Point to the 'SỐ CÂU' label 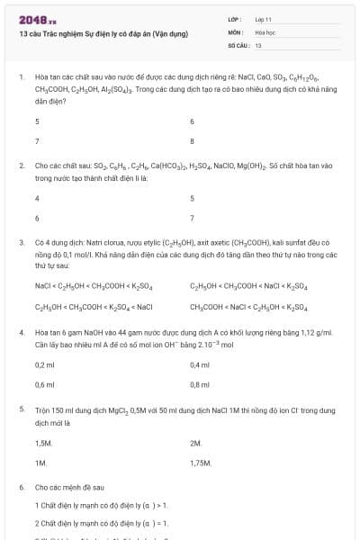[238, 44]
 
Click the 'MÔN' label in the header [236, 31]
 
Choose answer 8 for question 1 [193, 141]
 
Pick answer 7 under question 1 [37, 141]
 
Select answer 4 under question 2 [37, 198]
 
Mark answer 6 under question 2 [37, 218]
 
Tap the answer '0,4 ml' [200, 364]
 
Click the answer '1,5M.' [43, 443]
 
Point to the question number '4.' [21, 332]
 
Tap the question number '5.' [21, 409]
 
